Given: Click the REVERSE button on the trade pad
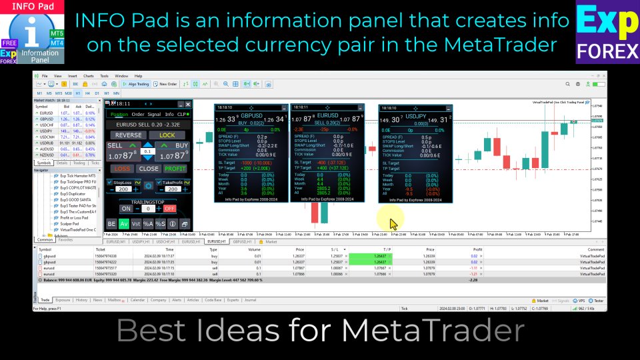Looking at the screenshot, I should tap(129, 135).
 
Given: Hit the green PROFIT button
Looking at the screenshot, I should tap(175, 169).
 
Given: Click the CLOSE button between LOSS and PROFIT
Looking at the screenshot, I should tap(149, 169).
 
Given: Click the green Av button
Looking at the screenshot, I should tap(124, 224).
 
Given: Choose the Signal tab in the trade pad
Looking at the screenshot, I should tap(154, 114).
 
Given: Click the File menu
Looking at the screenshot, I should tap(45, 76).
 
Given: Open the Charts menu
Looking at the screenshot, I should tap(88, 76).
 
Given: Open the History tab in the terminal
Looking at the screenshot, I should tap(81, 300).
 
